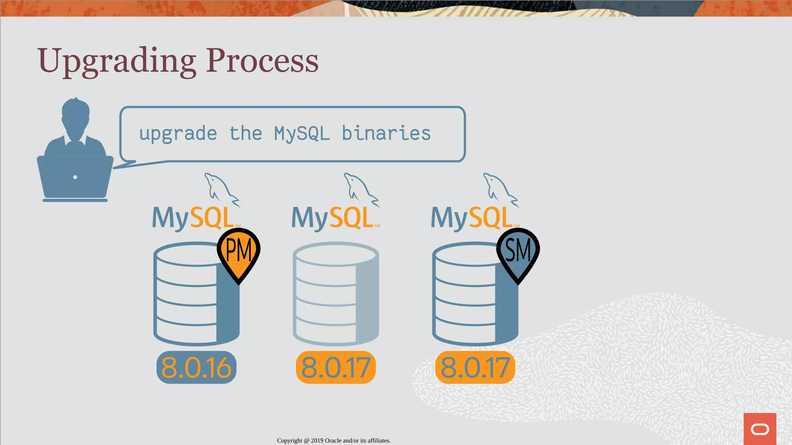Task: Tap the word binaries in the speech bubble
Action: pyautogui.click(x=386, y=133)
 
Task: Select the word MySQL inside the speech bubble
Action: pyautogui.click(x=302, y=134)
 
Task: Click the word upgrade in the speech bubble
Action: pyautogui.click(x=178, y=134)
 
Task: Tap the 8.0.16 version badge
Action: pyautogui.click(x=196, y=367)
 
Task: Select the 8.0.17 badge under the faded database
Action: pyautogui.click(x=336, y=367)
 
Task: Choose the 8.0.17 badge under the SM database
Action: pyautogui.click(x=475, y=367)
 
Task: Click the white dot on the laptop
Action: pyautogui.click(x=75, y=177)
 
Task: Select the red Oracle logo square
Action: pyautogui.click(x=760, y=429)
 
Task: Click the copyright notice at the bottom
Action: pyautogui.click(x=334, y=440)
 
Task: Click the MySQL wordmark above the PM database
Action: pyautogui.click(x=193, y=218)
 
